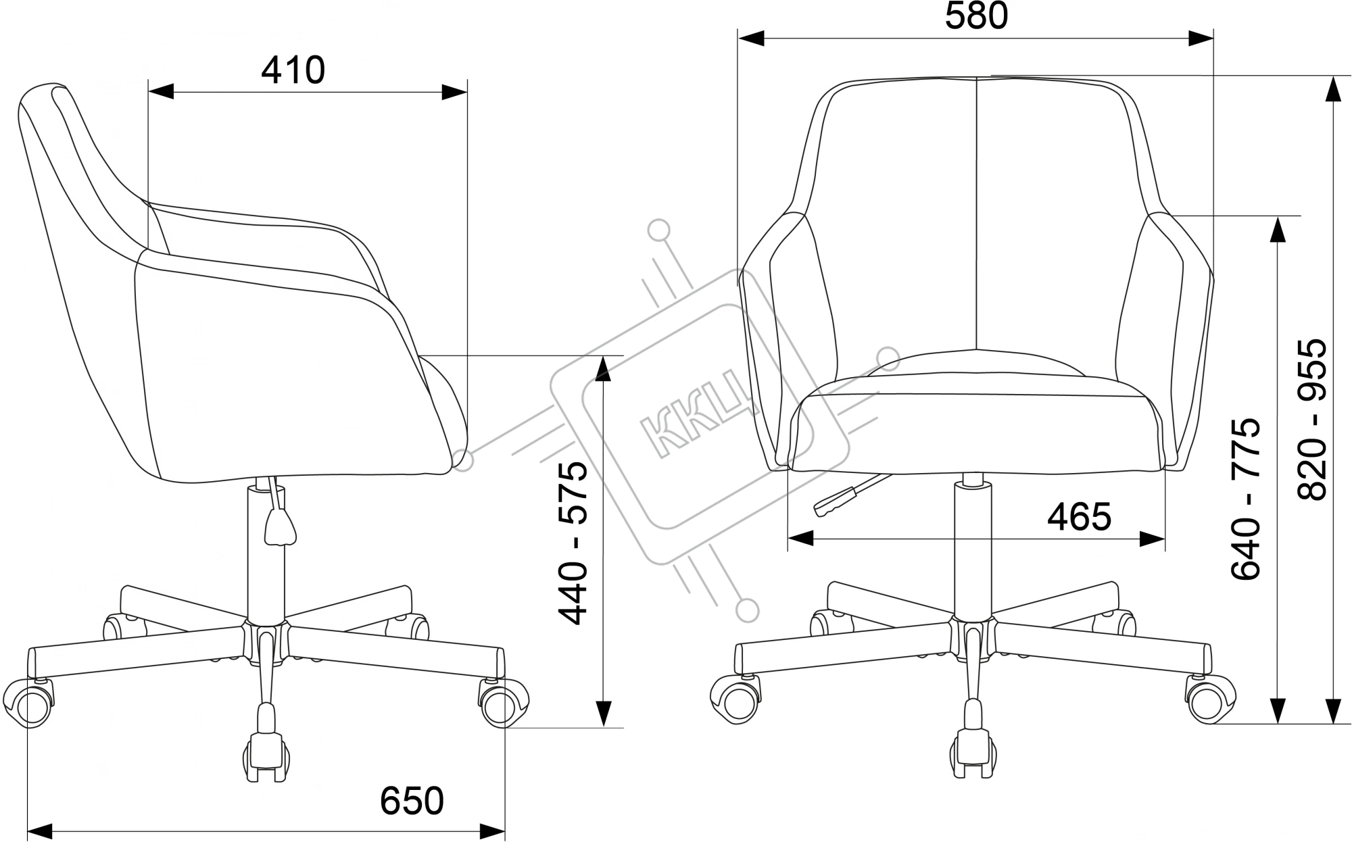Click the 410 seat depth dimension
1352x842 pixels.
tap(293, 70)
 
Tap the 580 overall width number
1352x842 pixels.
tap(976, 16)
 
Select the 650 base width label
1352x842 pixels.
tap(412, 801)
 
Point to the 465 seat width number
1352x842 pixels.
tap(1079, 517)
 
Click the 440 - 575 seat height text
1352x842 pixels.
tap(573, 543)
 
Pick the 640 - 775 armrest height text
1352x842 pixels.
tap(1246, 499)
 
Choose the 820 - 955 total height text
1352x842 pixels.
tap(1312, 420)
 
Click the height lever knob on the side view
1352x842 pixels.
tap(280, 526)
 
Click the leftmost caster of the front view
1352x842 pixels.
tap(735, 698)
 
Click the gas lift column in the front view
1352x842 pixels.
tap(972, 547)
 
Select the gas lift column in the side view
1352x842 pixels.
tap(266, 551)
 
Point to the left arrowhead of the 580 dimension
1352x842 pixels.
tap(751, 39)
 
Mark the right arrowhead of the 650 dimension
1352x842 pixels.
tap(492, 831)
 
